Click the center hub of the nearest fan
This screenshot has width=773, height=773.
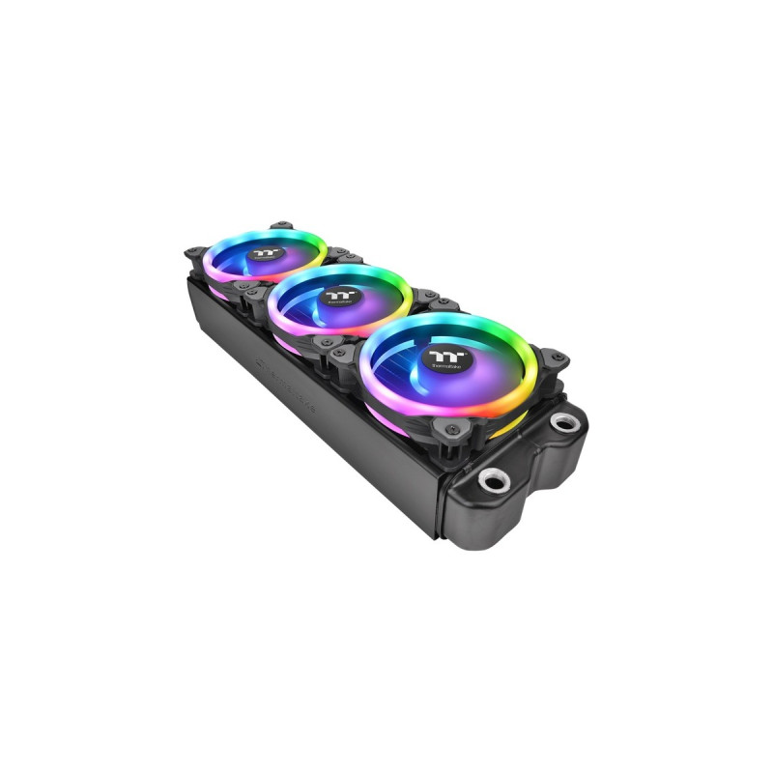446,361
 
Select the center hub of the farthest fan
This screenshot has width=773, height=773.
264,253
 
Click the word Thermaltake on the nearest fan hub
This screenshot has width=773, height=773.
445,368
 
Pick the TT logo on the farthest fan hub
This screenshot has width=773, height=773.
264,251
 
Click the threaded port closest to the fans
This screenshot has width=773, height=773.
563,422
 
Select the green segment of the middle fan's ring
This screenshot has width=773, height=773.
396,280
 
